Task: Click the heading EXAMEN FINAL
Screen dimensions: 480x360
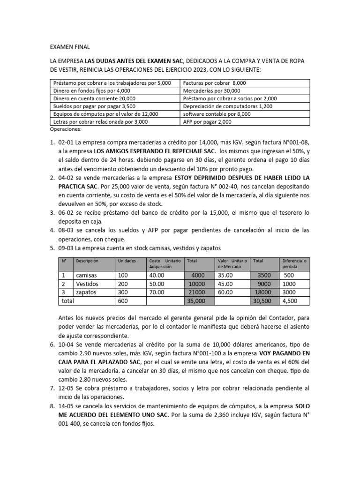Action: pos(69,47)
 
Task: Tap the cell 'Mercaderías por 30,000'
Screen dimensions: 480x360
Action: pos(211,90)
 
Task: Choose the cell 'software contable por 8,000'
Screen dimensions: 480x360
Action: pos(217,113)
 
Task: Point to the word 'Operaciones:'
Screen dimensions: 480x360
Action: pos(65,128)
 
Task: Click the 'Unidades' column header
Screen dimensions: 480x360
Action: pos(127,261)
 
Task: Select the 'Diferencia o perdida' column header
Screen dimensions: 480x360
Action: pos(294,263)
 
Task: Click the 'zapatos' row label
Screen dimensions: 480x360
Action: pos(86,292)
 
